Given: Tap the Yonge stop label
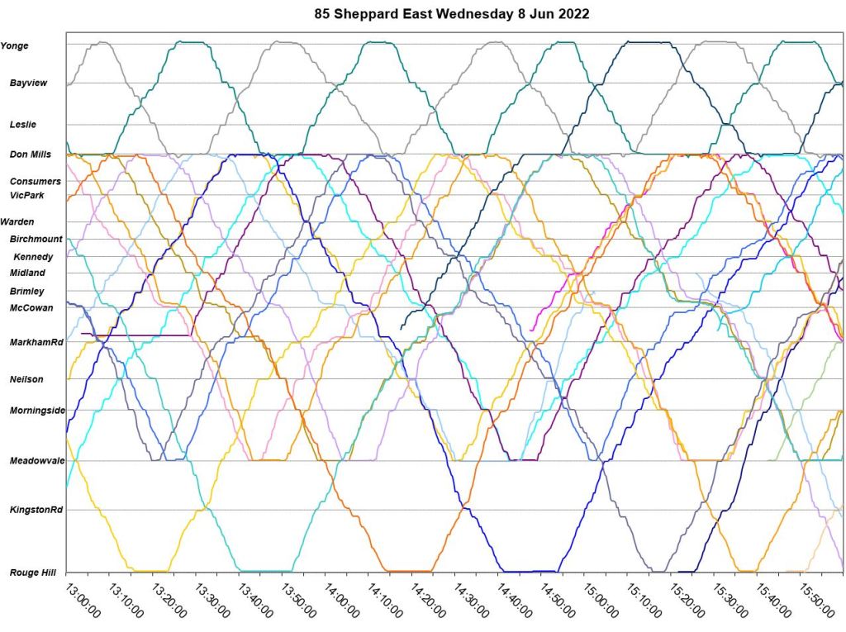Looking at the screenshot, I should point(15,45).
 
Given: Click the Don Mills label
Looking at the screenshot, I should point(31,154).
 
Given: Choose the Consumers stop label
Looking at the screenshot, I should point(36,181).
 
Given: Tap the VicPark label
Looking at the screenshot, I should point(27,195).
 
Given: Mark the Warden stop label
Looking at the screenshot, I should point(17,222).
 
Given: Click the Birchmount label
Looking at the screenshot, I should point(36,239).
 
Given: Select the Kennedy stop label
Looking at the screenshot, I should point(34,257).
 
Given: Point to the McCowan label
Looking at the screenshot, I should point(31,308).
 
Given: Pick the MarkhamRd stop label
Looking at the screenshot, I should point(36,342).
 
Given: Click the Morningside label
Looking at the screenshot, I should point(37,411).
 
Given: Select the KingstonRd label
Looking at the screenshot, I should point(36,510).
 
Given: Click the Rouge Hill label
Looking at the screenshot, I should point(33,572).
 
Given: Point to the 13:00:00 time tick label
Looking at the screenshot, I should point(83,601).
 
